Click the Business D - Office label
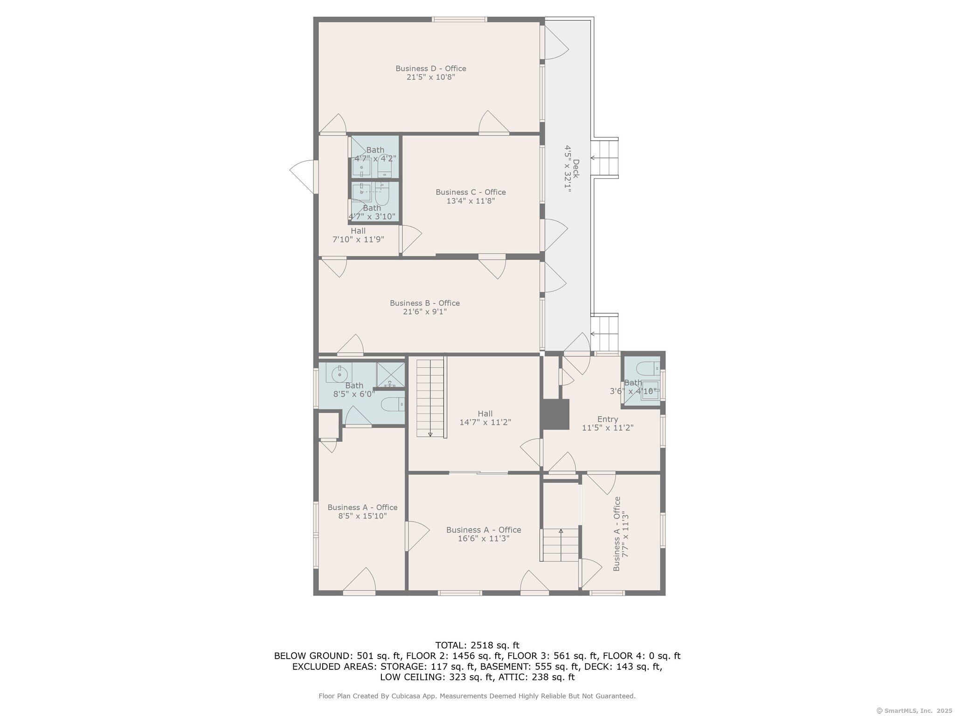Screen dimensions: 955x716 (x=431, y=69)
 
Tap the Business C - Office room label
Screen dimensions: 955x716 (x=471, y=192)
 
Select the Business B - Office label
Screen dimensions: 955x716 (x=425, y=303)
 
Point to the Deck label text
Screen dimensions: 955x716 (x=576, y=169)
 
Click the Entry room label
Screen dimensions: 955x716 (x=608, y=419)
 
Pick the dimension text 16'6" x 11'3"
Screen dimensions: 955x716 (x=484, y=538)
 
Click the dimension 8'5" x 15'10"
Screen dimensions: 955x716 (x=362, y=516)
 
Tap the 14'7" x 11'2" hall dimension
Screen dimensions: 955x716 (x=485, y=422)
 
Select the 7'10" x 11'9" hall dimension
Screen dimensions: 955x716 (x=358, y=240)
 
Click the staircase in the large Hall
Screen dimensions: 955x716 (x=430, y=398)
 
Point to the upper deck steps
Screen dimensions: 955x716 (x=604, y=158)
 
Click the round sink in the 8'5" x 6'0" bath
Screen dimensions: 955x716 (x=339, y=373)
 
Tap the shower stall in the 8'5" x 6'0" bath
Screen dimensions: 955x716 (x=390, y=375)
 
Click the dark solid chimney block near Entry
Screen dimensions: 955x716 (x=555, y=414)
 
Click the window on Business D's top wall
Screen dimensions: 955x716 (x=459, y=20)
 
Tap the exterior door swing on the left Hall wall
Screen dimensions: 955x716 (x=304, y=177)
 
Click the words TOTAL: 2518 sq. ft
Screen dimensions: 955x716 (x=477, y=646)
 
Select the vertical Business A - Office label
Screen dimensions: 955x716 (x=617, y=534)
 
